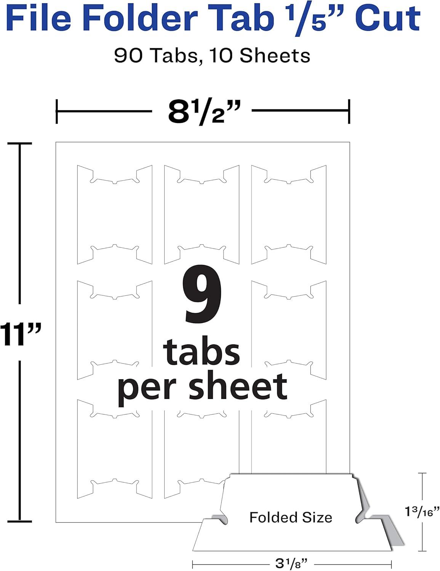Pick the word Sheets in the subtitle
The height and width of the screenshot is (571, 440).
tap(275, 56)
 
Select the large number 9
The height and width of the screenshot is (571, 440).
tap(202, 293)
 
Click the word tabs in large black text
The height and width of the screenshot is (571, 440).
tap(202, 352)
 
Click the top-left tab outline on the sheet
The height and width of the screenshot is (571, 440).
tap(78, 214)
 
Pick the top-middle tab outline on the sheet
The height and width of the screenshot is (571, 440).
tap(165, 214)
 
